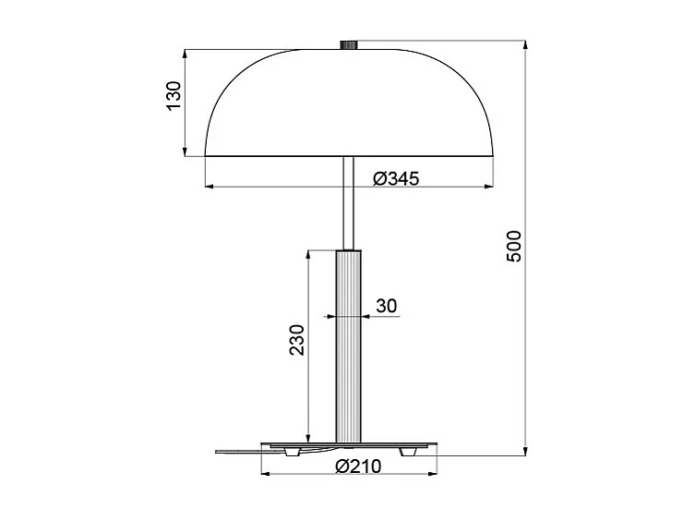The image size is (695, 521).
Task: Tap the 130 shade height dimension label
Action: pyautogui.click(x=173, y=97)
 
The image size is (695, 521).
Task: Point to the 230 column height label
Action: pyautogui.click(x=294, y=340)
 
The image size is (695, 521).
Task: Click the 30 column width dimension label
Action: pyautogui.click(x=386, y=305)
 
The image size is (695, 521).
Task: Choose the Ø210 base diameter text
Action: pyautogui.click(x=360, y=466)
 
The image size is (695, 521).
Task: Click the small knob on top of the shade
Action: pyautogui.click(x=349, y=43)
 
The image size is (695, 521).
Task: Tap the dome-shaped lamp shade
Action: pyautogui.click(x=349, y=102)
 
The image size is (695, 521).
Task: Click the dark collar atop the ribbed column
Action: pyautogui.click(x=349, y=248)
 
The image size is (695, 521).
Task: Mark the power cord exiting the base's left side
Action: pyautogui.click(x=235, y=451)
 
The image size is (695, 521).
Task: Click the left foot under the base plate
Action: pyautogui.click(x=293, y=452)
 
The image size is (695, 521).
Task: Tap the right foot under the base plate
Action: pyautogui.click(x=407, y=452)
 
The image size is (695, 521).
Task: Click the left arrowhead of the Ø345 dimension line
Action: pyautogui.click(x=210, y=188)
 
